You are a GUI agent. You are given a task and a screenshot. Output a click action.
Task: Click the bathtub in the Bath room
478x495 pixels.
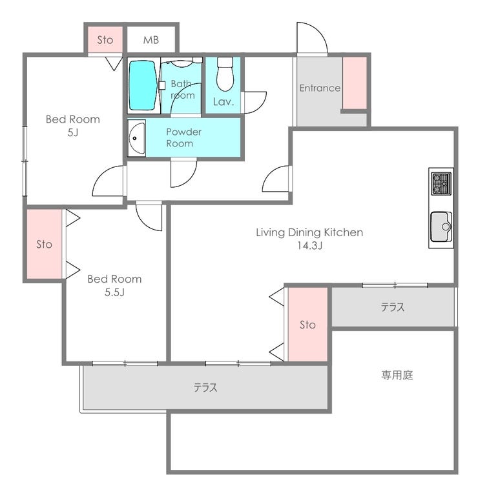click(x=143, y=85)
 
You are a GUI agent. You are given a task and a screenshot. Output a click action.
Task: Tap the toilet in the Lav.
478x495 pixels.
click(x=225, y=74)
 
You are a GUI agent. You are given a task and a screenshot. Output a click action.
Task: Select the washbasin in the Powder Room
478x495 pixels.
click(x=137, y=138)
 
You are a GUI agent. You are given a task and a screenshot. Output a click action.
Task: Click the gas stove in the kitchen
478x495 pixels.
click(x=441, y=184)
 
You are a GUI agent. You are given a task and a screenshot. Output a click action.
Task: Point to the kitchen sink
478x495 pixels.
click(x=441, y=227)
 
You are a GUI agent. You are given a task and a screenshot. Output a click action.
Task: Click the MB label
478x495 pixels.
click(x=151, y=40)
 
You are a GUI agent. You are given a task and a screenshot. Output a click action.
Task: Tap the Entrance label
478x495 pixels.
click(x=320, y=88)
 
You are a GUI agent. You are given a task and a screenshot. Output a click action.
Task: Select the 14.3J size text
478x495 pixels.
click(x=309, y=245)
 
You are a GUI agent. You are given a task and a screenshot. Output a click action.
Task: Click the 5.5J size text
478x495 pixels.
click(x=114, y=292)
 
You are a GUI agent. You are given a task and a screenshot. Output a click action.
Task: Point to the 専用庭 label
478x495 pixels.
click(x=397, y=375)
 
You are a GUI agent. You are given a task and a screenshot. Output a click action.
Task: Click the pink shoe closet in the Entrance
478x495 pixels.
click(x=355, y=83)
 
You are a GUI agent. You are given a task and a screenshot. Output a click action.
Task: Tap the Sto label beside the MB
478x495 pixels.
click(x=105, y=40)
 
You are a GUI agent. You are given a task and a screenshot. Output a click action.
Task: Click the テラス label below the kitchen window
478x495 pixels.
click(x=392, y=307)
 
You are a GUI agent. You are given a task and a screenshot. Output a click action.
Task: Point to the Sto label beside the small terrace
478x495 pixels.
click(x=307, y=325)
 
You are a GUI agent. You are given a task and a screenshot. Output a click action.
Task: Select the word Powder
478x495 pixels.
click(x=183, y=132)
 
